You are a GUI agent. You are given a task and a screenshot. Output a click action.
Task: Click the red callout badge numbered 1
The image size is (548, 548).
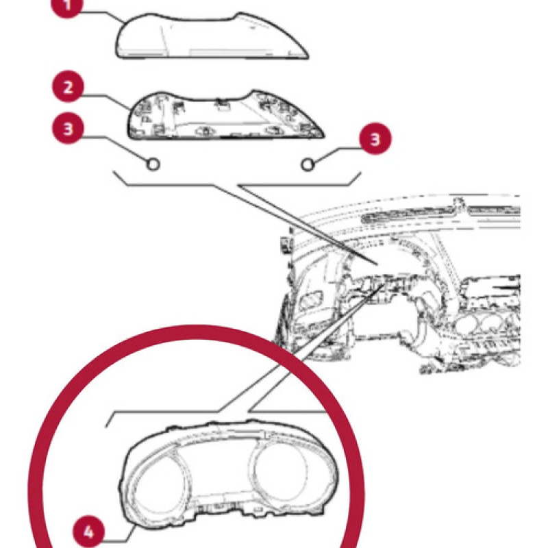click(x=67, y=5)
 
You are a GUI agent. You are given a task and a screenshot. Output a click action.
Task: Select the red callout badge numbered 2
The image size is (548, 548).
click(x=68, y=87)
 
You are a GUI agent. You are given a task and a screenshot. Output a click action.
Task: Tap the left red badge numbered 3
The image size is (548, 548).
click(x=68, y=128)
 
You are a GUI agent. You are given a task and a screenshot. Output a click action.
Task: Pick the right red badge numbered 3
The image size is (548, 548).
click(x=375, y=139)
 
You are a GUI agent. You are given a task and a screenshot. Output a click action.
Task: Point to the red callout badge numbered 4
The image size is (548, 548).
click(x=88, y=532)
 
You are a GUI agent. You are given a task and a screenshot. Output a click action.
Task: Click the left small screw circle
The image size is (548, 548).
click(x=153, y=164)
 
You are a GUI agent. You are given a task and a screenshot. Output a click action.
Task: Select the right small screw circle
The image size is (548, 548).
click(x=308, y=164)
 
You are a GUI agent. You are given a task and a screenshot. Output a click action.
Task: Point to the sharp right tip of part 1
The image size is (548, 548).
click(x=308, y=58)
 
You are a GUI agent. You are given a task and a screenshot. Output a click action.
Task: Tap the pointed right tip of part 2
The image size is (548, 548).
click(x=323, y=136)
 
